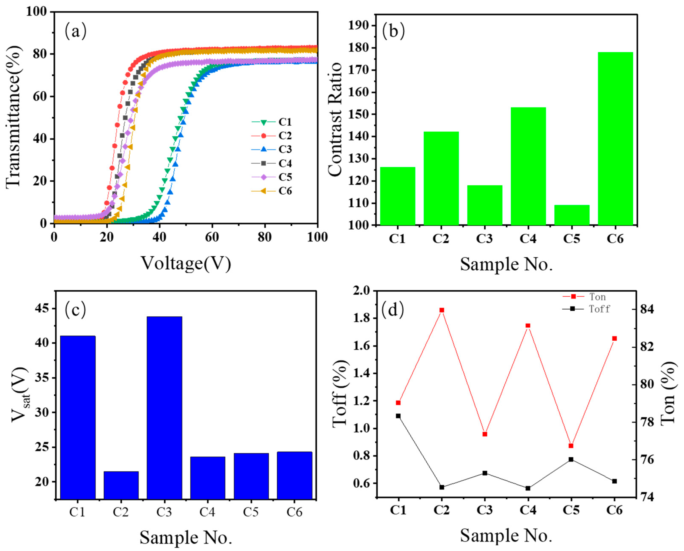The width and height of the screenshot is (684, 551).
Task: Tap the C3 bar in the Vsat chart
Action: tap(164, 408)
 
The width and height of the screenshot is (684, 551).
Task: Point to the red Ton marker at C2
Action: tap(441, 310)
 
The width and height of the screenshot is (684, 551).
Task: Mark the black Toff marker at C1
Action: tap(398, 416)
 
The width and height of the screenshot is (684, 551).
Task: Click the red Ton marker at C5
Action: tap(571, 446)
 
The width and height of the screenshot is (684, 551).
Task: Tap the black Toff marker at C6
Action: tap(614, 481)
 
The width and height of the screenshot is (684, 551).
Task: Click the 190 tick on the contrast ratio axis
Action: tap(359, 25)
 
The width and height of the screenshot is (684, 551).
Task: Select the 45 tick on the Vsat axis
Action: tap(43, 308)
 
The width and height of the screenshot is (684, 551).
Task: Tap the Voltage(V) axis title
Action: tap(186, 263)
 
